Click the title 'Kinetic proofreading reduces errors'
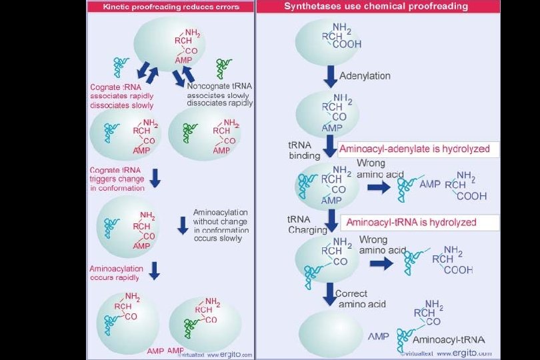click(x=170, y=6)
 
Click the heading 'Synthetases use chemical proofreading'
click(x=375, y=6)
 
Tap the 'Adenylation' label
click(x=365, y=75)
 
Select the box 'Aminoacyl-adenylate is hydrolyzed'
click(x=418, y=149)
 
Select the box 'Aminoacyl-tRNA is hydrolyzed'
click(x=419, y=222)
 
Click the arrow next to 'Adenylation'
click(x=330, y=75)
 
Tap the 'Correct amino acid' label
click(x=360, y=299)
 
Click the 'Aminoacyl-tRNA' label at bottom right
click(x=453, y=339)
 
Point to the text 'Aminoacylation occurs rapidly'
click(x=117, y=273)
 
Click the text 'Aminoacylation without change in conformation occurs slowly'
click(x=221, y=225)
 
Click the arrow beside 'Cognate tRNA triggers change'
click(x=155, y=177)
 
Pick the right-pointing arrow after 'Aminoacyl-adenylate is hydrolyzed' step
click(x=378, y=187)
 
